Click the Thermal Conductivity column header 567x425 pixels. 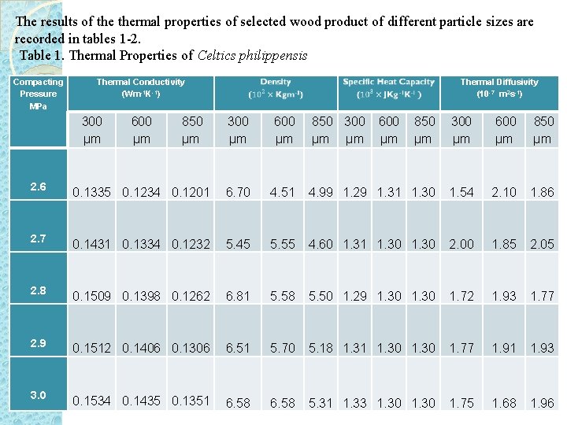click(x=140, y=87)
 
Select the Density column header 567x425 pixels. click(x=275, y=87)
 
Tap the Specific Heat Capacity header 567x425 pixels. click(x=388, y=87)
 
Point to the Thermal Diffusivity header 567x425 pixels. click(x=499, y=87)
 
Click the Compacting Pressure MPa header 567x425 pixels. click(x=38, y=94)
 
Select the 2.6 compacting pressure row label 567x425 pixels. click(x=38, y=187)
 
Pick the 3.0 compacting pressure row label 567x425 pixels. click(x=38, y=395)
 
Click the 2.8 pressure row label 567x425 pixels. click(x=38, y=290)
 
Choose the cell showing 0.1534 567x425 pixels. click(x=92, y=401)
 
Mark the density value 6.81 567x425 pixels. click(x=238, y=296)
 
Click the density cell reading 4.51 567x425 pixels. click(x=282, y=192)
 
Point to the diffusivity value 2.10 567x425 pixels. click(x=504, y=192)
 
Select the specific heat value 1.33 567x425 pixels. click(x=355, y=403)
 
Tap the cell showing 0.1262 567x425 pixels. click(x=191, y=296)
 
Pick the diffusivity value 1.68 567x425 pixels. click(x=504, y=403)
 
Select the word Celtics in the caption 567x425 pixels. click(x=214, y=56)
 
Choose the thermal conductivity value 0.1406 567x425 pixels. click(x=142, y=348)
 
